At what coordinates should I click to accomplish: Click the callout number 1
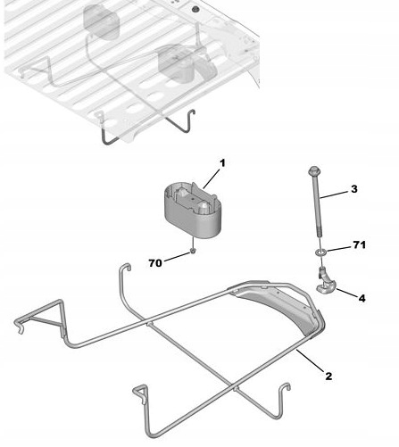[x=222, y=162]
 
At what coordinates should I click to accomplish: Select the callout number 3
[x=353, y=189]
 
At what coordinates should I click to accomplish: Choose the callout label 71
[x=360, y=244]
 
